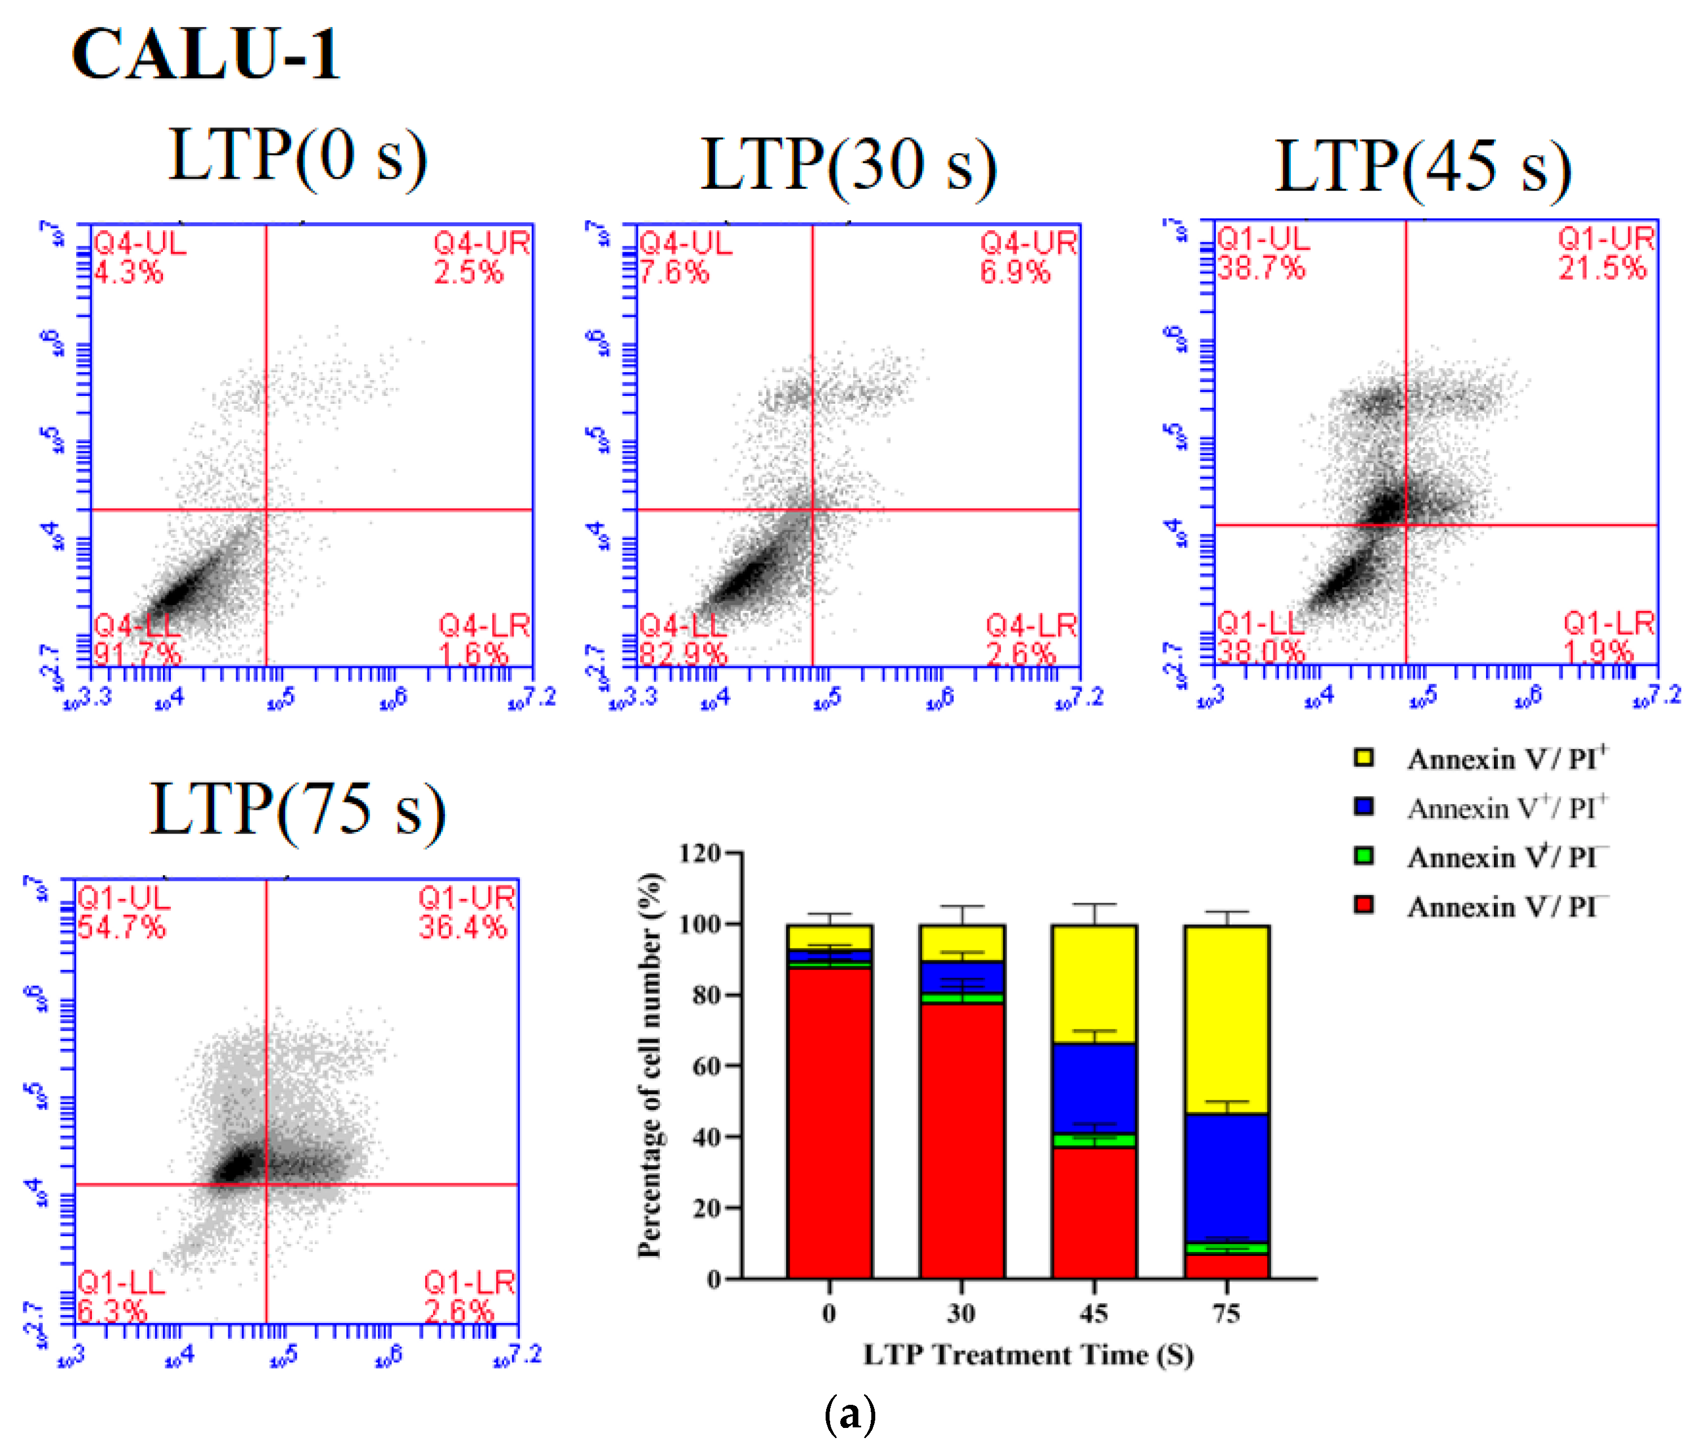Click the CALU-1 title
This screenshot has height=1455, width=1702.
coord(205,54)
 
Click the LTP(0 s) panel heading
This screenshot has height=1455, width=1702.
coord(297,156)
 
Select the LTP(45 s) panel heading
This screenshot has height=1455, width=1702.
coord(1423,167)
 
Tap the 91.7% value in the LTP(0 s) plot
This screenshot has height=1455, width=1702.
coord(136,654)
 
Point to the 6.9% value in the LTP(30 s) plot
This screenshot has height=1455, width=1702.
coord(1015,271)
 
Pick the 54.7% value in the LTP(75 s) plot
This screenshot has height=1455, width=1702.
coord(122,928)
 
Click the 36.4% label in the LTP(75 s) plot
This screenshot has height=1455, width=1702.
coord(462,928)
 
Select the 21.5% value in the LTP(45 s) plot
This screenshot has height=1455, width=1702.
coord(1603,268)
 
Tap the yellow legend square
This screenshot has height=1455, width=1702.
coord(1364,757)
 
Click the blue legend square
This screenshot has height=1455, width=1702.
coord(1364,807)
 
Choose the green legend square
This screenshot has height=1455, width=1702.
coord(1364,856)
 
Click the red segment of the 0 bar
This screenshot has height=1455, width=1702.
coord(830,1126)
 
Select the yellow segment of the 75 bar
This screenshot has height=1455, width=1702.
coord(1227,1018)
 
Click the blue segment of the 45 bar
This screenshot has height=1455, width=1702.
coord(1094,1088)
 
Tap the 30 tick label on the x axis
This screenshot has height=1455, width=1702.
coord(961,1313)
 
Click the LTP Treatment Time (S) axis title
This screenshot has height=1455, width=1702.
coord(1029,1354)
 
